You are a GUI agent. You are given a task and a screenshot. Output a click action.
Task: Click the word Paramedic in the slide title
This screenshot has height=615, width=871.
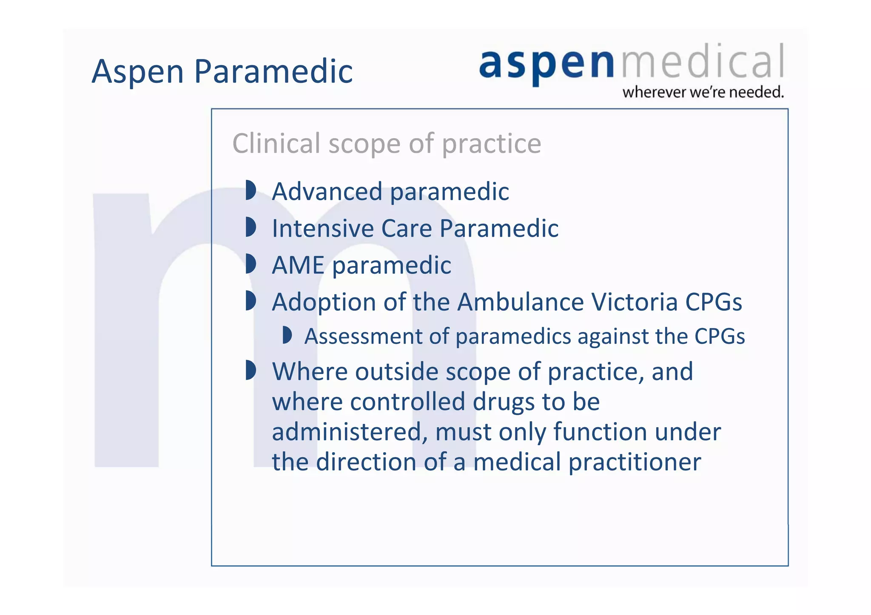[x=273, y=71]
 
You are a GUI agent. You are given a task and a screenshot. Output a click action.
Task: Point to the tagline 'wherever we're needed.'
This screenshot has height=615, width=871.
[x=703, y=92]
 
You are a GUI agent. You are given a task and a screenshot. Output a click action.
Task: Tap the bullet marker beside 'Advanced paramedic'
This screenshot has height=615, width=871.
[x=250, y=190]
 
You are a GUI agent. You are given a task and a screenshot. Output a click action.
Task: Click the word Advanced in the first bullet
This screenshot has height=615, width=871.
[x=327, y=191]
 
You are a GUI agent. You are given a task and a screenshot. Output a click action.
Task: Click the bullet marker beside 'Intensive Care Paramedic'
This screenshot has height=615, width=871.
[x=250, y=227]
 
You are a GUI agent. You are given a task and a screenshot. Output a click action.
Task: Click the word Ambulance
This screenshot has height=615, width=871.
[x=521, y=302]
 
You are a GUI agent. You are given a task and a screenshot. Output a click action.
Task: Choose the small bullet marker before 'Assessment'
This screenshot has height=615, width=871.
[x=287, y=335]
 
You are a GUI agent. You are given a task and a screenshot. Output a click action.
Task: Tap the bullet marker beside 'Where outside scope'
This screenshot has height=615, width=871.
[x=250, y=370]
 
